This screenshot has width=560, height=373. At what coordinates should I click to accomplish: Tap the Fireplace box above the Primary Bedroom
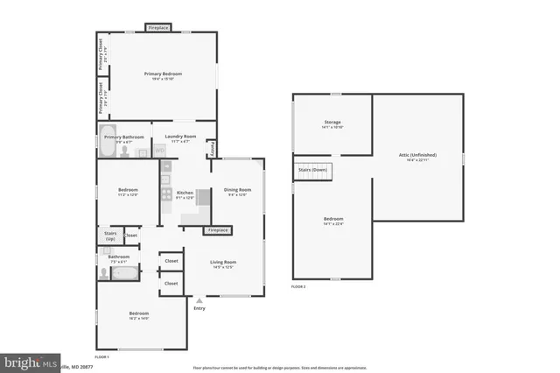(158, 28)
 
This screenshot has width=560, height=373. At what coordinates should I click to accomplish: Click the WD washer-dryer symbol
(160, 151)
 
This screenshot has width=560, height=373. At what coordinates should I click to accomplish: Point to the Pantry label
(212, 150)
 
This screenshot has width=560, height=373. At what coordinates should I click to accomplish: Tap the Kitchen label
(185, 193)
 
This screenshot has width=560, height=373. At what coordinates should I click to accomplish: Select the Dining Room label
(237, 190)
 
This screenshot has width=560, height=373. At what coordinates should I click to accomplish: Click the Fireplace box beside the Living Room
(217, 230)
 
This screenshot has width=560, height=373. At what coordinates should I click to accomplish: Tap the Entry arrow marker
(199, 300)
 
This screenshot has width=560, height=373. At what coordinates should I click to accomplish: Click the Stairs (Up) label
(109, 236)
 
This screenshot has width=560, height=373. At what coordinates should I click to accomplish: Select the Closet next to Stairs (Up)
(130, 235)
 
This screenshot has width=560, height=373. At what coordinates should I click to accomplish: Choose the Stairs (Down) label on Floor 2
(312, 169)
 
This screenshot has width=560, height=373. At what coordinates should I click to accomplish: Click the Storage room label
(332, 122)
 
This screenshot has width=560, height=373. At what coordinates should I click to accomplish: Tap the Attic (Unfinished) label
(417, 155)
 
